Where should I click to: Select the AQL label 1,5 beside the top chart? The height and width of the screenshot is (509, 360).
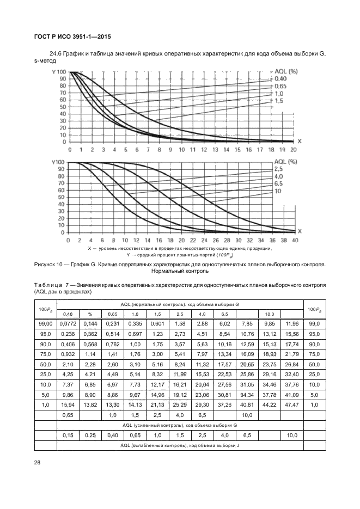[x=279, y=101]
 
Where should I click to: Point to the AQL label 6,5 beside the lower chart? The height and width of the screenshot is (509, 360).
[x=279, y=184]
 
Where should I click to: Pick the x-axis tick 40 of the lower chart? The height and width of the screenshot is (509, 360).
[x=295, y=240]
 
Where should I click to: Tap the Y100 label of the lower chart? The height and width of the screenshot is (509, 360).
[x=57, y=162]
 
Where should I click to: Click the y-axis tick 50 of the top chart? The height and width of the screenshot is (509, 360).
[x=63, y=107]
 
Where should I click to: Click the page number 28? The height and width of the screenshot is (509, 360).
[x=38, y=463]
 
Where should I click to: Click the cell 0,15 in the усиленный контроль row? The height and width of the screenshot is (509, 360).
[x=69, y=436]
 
